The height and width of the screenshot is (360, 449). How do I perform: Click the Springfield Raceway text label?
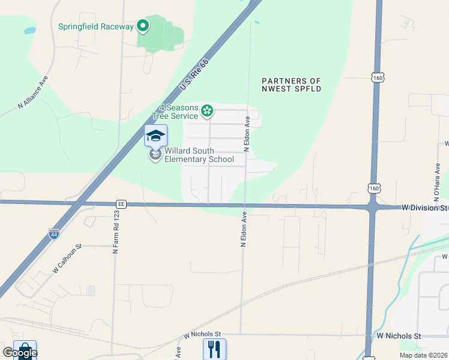click(96, 26)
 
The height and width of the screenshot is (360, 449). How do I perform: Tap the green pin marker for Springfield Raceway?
click(143, 26)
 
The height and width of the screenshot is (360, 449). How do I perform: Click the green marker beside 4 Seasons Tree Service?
click(207, 110)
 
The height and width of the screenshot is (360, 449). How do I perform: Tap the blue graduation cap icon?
click(155, 135)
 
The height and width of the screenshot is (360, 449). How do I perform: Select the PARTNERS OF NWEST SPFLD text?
click(292, 85)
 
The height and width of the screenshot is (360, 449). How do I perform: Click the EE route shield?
click(121, 204)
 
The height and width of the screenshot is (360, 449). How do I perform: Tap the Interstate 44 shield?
click(54, 233)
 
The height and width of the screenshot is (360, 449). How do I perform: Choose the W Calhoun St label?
click(66, 259)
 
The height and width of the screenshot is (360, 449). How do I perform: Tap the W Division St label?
click(424, 208)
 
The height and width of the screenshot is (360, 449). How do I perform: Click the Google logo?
click(19, 353)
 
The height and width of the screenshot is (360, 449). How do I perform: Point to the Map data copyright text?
click(423, 355)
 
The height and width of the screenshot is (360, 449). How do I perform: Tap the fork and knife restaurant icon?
click(214, 349)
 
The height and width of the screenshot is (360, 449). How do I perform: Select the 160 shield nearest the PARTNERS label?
click(377, 78)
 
